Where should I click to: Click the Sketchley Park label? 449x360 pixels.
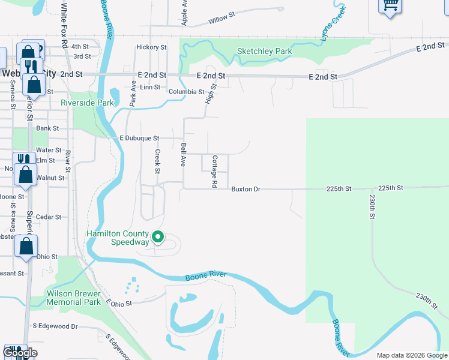(264, 51)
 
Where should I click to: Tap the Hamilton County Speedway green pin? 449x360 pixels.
(157, 238)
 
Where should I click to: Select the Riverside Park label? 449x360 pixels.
(87, 103)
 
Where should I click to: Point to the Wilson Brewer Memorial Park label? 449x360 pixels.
(74, 298)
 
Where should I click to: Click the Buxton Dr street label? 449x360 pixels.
(246, 189)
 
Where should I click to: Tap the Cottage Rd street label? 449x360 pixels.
(214, 172)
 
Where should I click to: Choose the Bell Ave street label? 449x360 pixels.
(184, 154)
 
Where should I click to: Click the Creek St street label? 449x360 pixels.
(158, 162)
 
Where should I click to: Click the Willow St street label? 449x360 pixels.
(221, 20)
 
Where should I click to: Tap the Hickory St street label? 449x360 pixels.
(151, 47)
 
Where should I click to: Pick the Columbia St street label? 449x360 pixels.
(186, 92)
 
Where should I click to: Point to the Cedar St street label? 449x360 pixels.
(49, 217)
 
